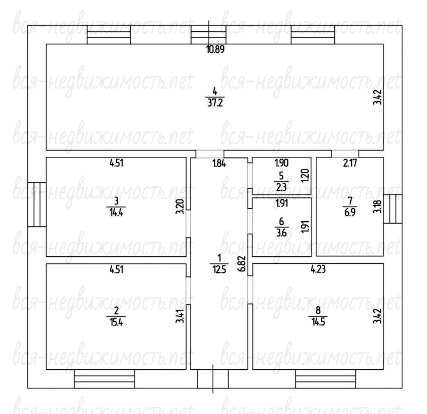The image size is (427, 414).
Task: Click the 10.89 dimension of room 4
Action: [x=215, y=50]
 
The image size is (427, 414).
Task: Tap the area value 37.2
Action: [x=215, y=103]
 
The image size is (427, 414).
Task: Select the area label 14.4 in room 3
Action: [x=116, y=212]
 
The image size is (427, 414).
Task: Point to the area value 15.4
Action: [x=116, y=322]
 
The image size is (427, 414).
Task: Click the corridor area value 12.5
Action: [x=219, y=269]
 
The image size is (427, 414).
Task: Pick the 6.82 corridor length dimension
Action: [x=242, y=263]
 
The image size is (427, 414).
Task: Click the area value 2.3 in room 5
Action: [x=281, y=187]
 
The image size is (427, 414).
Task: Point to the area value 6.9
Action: [x=350, y=212]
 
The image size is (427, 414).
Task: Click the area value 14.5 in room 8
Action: [x=318, y=322]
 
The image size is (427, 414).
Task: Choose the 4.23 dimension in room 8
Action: [x=318, y=269]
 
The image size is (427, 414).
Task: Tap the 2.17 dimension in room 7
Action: [x=350, y=163]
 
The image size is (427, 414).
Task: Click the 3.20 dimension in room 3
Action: [x=180, y=207]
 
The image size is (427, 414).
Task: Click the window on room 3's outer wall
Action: [x=37, y=204]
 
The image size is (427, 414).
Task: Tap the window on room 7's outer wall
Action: [x=393, y=209]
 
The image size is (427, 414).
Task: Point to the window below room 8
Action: [x=326, y=379]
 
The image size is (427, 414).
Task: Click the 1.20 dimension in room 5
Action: [x=305, y=176]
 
